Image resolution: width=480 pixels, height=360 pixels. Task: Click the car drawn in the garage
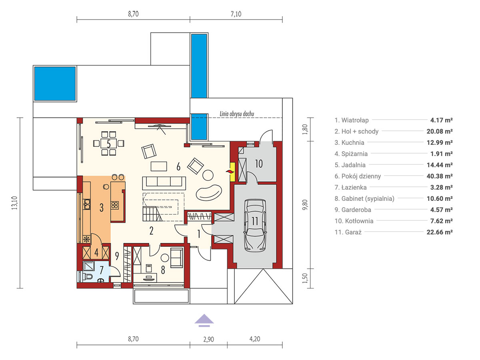click(x=254, y=225)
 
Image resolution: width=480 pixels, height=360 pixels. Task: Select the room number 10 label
click(x=259, y=164)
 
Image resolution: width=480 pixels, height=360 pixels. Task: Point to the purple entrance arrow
click(x=204, y=320)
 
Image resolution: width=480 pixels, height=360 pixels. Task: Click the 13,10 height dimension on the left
click(x=14, y=203)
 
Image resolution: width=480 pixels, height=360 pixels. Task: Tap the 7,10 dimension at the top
click(x=236, y=14)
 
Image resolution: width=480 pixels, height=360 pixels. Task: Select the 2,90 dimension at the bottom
click(x=208, y=340)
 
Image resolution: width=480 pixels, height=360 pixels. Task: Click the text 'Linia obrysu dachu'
click(x=237, y=114)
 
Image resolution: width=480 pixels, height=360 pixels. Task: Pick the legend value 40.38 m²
click(x=440, y=176)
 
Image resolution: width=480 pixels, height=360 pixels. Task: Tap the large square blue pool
click(x=55, y=84)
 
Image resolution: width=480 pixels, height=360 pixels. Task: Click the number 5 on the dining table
click(x=109, y=144)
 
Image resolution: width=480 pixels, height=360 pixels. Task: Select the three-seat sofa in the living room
click(x=164, y=183)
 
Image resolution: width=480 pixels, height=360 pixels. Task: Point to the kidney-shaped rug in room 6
click(x=209, y=192)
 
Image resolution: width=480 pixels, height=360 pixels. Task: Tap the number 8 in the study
click(x=163, y=270)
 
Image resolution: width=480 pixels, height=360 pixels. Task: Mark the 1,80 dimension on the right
click(x=305, y=129)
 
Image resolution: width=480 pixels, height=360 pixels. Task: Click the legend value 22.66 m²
click(x=440, y=232)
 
